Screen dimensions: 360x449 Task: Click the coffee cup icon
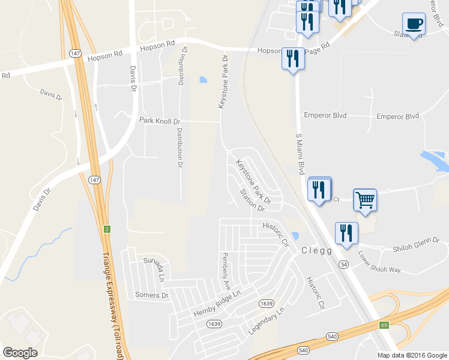414,24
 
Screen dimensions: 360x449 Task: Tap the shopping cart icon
365,200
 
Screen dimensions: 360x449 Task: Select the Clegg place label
316,251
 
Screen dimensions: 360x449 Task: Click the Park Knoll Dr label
160,121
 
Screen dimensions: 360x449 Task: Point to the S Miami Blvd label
302,155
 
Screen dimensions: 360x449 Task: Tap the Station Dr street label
252,201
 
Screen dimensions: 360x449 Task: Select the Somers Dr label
152,295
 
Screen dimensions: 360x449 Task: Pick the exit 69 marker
383,325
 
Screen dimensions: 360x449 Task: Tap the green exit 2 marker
107,229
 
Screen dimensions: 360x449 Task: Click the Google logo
20,353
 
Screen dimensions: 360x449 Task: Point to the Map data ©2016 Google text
411,355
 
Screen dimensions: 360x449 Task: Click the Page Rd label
318,47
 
